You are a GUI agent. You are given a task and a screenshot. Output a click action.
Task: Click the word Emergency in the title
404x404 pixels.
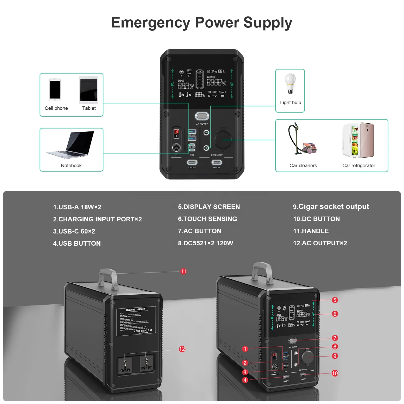tap(151, 22)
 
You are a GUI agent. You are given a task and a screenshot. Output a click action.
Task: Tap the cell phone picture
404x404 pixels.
tap(55, 90)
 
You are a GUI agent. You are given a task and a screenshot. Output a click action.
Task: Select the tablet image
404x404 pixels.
tap(89, 90)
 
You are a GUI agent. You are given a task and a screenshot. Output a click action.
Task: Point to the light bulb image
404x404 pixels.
tap(290, 83)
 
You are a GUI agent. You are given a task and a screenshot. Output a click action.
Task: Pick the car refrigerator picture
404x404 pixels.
tap(358, 140)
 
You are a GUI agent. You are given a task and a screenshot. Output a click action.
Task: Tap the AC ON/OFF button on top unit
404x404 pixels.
tap(202, 116)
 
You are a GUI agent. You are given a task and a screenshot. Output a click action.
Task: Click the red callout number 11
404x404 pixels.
tap(183, 271)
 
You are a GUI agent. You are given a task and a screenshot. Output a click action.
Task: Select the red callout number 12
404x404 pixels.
tap(182, 349)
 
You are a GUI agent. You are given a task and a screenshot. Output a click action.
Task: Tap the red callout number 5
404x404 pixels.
tap(335, 300)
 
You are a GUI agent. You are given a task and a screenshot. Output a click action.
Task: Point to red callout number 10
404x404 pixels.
tap(335, 373)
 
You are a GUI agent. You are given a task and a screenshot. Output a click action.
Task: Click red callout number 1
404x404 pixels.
tap(245, 349)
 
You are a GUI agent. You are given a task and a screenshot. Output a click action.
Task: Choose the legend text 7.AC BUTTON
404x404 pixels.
tap(200, 231)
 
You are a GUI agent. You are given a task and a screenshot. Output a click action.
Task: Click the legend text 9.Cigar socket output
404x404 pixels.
tap(331, 207)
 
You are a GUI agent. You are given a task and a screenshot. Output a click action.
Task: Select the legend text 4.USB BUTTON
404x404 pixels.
tap(77, 243)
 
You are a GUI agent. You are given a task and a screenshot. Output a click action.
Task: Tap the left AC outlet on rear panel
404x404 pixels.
tap(125, 365)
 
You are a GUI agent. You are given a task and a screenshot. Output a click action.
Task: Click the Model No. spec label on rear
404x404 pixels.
tap(136, 321)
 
